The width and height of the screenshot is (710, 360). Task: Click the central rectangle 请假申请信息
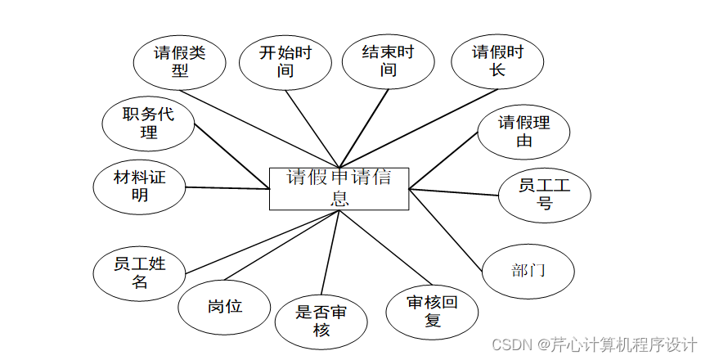tap(339, 188)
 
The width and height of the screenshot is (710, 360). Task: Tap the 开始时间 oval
tap(285, 61)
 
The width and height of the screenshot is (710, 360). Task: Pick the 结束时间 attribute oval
tap(389, 61)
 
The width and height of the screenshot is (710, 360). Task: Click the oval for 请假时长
tap(497, 61)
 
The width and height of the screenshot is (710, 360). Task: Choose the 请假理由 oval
tap(524, 132)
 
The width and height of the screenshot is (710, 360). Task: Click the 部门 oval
tap(528, 271)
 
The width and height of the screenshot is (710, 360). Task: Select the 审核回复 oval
tap(433, 311)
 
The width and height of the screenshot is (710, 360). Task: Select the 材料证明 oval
tap(140, 186)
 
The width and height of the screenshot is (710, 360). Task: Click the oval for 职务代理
tap(149, 124)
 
